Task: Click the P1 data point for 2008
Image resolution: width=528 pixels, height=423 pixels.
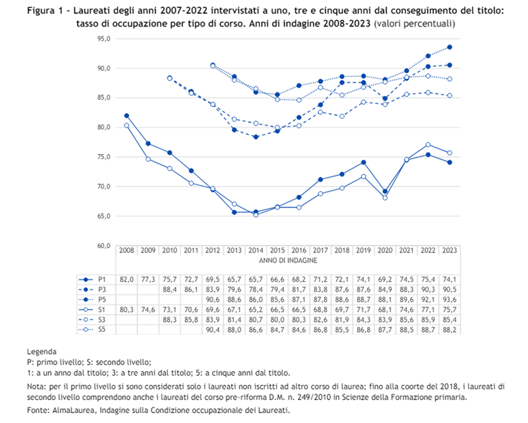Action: [x=127, y=115]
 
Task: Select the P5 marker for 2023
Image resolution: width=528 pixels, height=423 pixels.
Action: [x=450, y=47]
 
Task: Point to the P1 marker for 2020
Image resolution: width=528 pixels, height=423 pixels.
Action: [x=385, y=191]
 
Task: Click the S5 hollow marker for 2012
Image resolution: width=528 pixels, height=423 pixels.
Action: [x=213, y=65]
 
